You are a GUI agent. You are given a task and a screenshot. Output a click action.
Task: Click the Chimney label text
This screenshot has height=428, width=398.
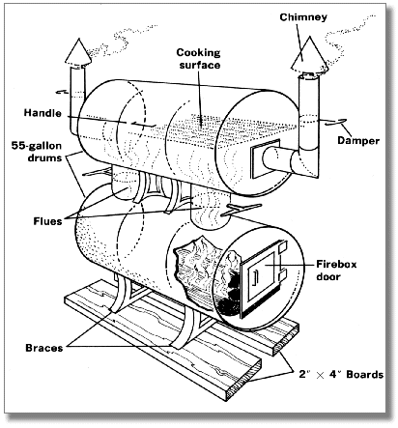303,17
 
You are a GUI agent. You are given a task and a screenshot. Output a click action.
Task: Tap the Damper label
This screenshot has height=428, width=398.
358,141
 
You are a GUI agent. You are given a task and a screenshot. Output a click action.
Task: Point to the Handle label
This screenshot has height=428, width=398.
43,113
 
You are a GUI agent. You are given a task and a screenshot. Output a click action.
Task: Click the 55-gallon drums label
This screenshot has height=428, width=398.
37,152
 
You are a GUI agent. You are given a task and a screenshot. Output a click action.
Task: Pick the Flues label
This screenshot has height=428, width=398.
47,221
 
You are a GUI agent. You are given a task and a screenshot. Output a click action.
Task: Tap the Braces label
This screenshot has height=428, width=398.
44,348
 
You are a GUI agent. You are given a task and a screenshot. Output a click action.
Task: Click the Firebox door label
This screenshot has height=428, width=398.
336,271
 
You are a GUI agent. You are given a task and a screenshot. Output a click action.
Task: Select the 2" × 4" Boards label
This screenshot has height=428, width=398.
341,375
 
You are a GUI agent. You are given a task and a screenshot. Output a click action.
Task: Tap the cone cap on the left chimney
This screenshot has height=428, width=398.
78,52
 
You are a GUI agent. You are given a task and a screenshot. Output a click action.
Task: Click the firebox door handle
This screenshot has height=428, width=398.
254,278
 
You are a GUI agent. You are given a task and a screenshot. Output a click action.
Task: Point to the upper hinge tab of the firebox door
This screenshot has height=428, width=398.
281,247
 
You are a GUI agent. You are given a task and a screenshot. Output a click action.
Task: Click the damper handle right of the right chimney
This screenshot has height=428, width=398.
335,122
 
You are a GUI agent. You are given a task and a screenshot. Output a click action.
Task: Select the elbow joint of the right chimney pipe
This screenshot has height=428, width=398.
306,161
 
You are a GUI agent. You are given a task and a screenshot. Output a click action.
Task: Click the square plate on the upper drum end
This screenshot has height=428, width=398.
265,159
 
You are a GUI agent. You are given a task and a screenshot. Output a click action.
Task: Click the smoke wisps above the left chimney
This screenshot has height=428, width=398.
122,40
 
